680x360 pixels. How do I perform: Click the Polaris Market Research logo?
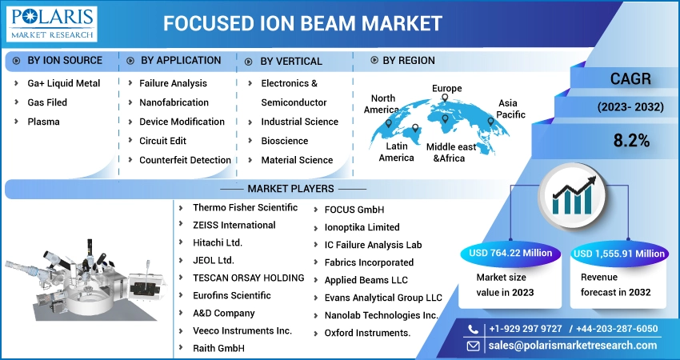pyautogui.click(x=52, y=24)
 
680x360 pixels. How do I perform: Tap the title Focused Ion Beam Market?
pyautogui.click(x=302, y=23)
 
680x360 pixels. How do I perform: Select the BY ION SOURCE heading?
pyautogui.click(x=65, y=60)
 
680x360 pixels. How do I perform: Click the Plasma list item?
pyautogui.click(x=43, y=122)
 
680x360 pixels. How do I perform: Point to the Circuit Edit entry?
pyautogui.click(x=162, y=141)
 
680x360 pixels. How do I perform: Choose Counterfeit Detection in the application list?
pyautogui.click(x=185, y=160)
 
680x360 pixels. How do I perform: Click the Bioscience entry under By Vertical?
pyautogui.click(x=285, y=141)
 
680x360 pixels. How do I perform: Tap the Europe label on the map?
pyautogui.click(x=446, y=89)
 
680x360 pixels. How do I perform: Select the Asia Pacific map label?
pyautogui.click(x=510, y=109)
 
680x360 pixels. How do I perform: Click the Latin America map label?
pyautogui.click(x=396, y=152)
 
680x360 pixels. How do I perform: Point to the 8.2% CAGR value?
pyautogui.click(x=631, y=141)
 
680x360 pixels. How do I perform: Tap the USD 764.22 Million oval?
pyautogui.click(x=510, y=254)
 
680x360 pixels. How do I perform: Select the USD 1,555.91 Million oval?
pyautogui.click(x=618, y=254)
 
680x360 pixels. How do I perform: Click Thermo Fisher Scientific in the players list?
pyautogui.click(x=245, y=208)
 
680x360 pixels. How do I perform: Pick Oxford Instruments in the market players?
pyautogui.click(x=367, y=333)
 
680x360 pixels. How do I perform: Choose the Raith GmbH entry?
pyautogui.click(x=218, y=348)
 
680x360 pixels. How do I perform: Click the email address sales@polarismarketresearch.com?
pyautogui.click(x=573, y=346)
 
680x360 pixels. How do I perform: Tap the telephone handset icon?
pyautogui.click(x=473, y=330)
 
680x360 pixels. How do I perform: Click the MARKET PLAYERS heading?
pyautogui.click(x=290, y=189)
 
